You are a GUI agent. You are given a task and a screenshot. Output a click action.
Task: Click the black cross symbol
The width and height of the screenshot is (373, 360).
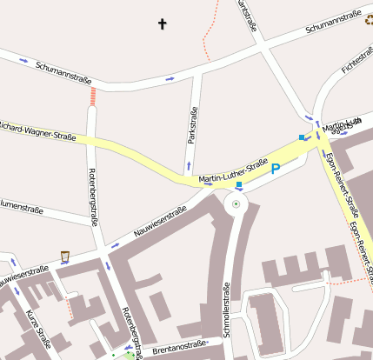pos(162,23)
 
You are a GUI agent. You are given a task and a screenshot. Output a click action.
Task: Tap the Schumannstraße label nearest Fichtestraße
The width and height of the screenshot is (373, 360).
pos(334,23)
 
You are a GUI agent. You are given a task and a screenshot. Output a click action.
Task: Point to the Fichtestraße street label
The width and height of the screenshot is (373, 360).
pos(356,58)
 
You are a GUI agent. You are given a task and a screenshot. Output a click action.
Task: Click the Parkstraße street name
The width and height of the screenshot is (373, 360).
pos(192,126)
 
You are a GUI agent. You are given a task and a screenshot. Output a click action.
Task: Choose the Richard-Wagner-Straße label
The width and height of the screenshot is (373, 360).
pos(37,130)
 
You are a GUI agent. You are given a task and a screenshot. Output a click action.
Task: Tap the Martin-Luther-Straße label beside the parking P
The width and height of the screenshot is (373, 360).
pos(233,172)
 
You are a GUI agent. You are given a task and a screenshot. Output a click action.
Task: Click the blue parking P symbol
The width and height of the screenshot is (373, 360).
pos(276,169)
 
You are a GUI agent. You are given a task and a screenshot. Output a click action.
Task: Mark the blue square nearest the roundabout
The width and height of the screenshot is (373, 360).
pos(239,185)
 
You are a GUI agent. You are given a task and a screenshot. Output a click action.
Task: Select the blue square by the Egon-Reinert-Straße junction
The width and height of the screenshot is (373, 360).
pos(302,137)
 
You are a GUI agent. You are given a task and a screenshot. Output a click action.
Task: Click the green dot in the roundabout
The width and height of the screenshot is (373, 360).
pos(236,205)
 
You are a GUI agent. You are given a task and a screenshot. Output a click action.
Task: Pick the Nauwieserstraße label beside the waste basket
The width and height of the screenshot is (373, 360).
pos(24,275)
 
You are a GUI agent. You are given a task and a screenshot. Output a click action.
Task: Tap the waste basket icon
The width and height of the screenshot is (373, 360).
pos(64,256)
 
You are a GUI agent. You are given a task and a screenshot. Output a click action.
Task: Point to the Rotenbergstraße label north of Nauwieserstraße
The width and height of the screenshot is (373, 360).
pos(93,195)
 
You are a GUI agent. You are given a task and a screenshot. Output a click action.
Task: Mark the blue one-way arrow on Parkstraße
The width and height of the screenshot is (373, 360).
pos(189,164)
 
